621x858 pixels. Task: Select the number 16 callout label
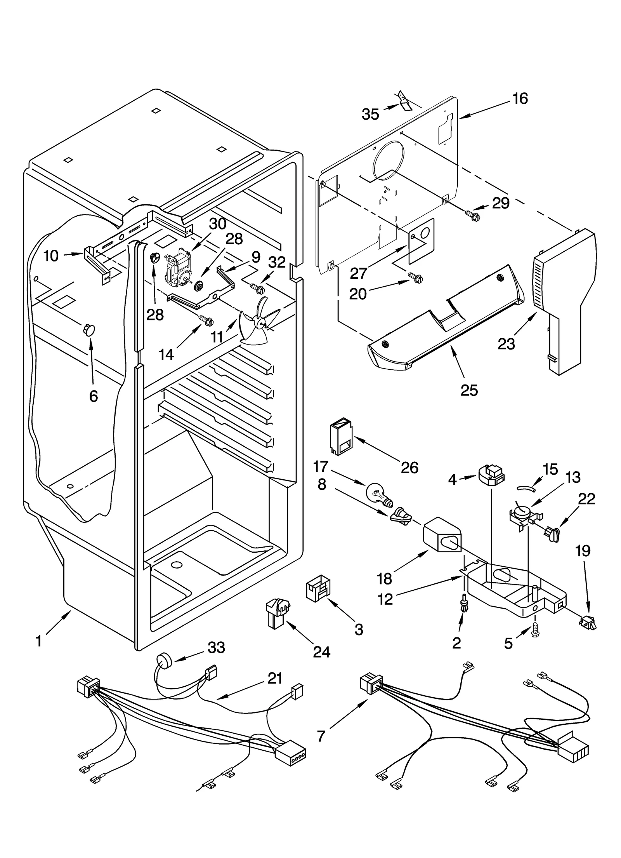(520, 99)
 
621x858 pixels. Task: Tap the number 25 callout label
(469, 390)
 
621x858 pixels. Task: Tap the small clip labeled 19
(586, 622)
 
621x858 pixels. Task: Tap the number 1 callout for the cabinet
(38, 641)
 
